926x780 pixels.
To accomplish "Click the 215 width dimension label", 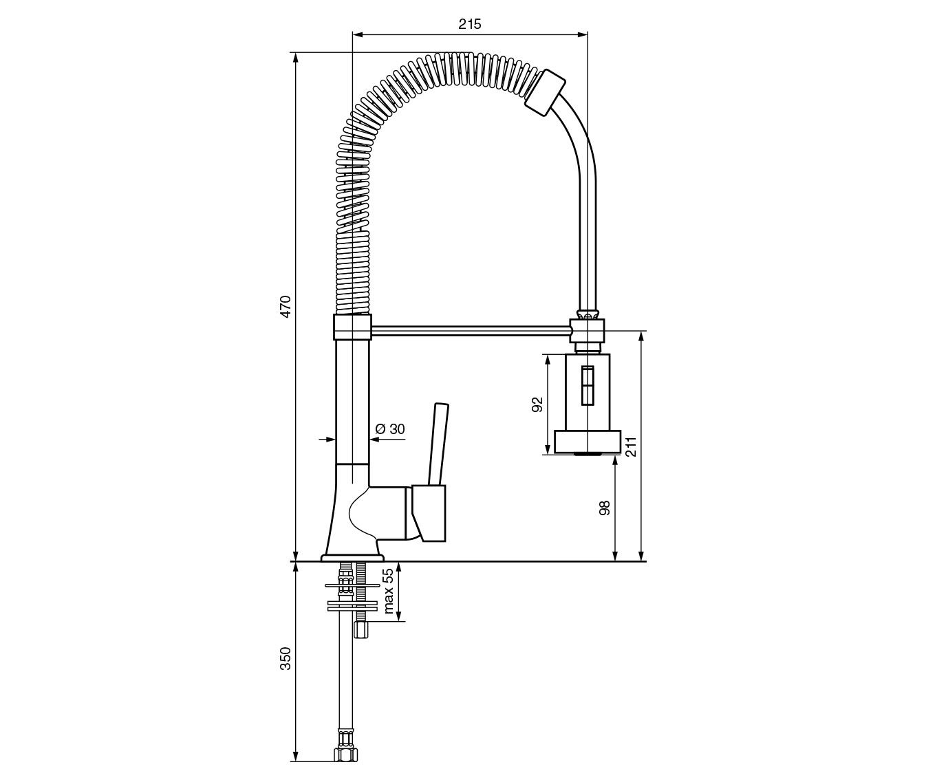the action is pyautogui.click(x=470, y=24).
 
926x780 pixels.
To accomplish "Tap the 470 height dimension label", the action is pyautogui.click(x=286, y=306).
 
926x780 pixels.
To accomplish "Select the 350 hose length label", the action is pyautogui.click(x=286, y=658).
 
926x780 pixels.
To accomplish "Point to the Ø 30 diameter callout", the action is pyautogui.click(x=390, y=429).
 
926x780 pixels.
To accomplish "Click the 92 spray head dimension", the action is pyautogui.click(x=537, y=404).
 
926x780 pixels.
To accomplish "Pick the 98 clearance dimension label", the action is pyautogui.click(x=605, y=508).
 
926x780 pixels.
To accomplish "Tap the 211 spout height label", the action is pyautogui.click(x=631, y=446).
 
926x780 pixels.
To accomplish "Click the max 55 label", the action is pyautogui.click(x=388, y=591).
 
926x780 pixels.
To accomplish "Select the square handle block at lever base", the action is pyautogui.click(x=429, y=513).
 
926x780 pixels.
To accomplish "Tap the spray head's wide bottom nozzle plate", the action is pyautogui.click(x=587, y=442).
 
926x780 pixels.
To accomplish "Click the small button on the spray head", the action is pyautogui.click(x=588, y=386).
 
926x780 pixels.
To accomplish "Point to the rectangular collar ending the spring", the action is pyautogui.click(x=545, y=93).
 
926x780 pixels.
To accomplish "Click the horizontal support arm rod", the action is pyautogui.click(x=471, y=331).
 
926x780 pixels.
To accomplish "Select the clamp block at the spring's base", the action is pyautogui.click(x=352, y=327).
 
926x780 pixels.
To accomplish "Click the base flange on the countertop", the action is pyautogui.click(x=352, y=558).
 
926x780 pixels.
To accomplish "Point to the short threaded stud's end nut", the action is pyautogui.click(x=361, y=630).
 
